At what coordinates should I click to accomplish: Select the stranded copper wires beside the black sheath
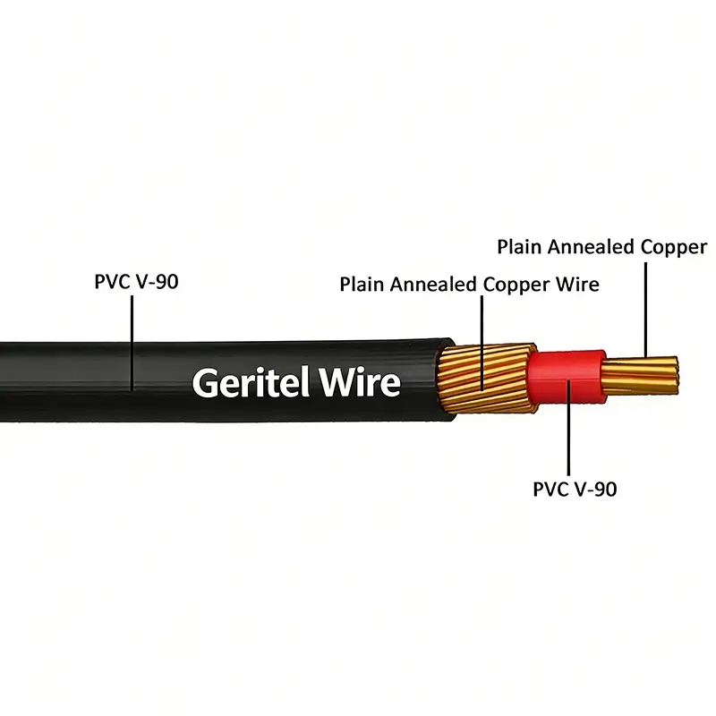(x=483, y=380)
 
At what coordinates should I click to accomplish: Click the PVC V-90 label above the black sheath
(x=136, y=283)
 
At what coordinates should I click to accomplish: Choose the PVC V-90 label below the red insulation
(x=574, y=489)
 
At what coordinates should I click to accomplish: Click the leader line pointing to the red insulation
(x=569, y=439)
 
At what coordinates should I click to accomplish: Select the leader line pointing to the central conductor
(x=644, y=309)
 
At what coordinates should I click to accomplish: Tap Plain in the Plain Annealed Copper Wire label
(x=361, y=285)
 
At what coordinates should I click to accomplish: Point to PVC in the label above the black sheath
(x=112, y=283)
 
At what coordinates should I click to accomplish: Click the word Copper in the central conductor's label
(x=674, y=246)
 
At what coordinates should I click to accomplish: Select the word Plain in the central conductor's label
(x=518, y=246)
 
